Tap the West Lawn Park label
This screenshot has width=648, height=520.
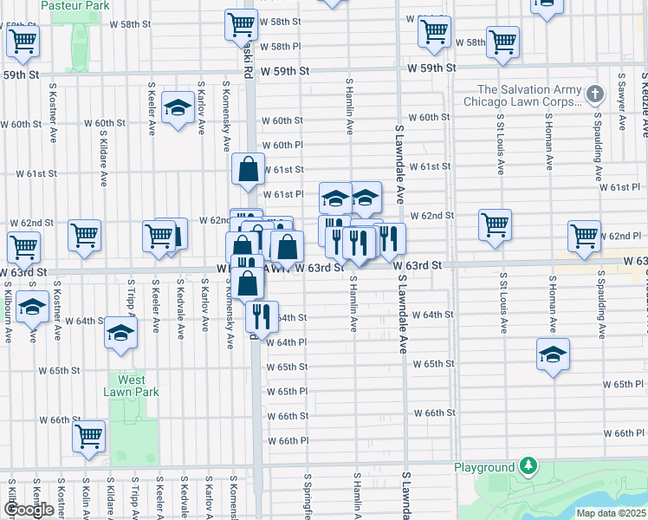click(132, 386)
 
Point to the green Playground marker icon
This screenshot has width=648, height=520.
click(525, 468)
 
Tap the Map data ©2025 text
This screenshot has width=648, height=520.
click(612, 512)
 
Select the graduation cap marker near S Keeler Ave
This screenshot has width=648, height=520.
click(178, 108)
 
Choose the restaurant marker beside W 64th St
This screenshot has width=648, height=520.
click(262, 316)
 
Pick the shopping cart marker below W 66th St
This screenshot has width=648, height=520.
click(88, 437)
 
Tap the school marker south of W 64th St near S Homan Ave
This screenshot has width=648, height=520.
click(553, 354)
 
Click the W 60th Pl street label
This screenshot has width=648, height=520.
click(282, 146)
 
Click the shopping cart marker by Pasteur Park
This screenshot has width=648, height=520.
click(23, 40)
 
